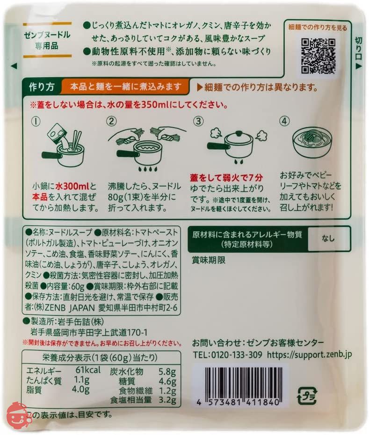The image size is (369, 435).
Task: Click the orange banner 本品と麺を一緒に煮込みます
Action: [125, 87]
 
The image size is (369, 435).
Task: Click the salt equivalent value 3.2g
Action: [166, 400]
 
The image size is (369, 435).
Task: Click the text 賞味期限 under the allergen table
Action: [209, 260]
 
